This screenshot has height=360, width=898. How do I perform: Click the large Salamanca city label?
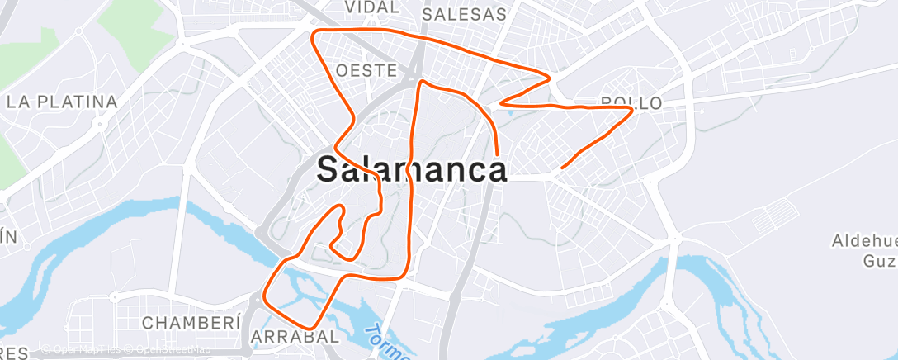(x=412, y=169)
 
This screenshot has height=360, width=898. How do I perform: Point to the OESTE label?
(x=367, y=70)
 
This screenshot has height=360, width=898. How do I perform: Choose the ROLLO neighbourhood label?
(x=631, y=103)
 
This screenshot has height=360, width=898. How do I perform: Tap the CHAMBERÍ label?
(x=191, y=322)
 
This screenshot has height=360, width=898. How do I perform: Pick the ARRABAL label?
(x=295, y=337)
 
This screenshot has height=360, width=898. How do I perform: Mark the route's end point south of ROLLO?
(x=562, y=168)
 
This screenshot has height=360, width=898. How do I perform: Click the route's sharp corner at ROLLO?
(x=632, y=109)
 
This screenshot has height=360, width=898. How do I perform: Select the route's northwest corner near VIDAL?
(x=312, y=32)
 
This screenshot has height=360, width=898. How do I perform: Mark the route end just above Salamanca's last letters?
(x=498, y=154)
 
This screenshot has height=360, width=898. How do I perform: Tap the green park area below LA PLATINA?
(x=10, y=157)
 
